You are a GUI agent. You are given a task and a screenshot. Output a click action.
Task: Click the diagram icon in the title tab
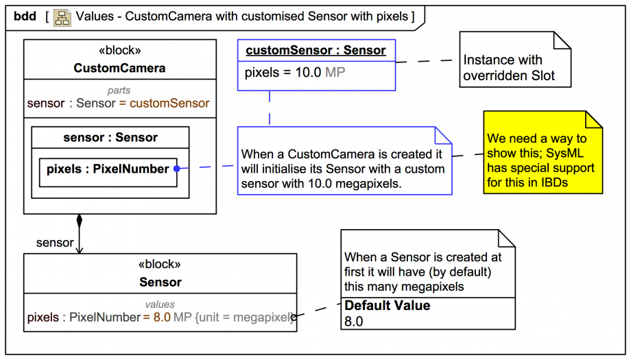coord(62,16)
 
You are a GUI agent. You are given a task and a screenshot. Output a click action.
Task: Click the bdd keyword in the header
coord(25,16)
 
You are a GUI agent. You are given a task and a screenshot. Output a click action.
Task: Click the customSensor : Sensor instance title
coord(315,50)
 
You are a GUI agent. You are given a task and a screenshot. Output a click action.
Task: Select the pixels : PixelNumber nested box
coord(108,169)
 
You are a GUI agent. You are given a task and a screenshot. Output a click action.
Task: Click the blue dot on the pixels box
coord(177,169)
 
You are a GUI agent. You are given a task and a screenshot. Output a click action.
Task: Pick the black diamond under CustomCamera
coord(79,221)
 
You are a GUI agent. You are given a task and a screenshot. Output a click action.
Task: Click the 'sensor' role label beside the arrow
coord(54,243)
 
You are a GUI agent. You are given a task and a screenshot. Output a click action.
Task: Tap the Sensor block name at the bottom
coord(160,282)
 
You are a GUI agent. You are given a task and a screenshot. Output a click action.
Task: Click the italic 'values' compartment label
coord(160,304)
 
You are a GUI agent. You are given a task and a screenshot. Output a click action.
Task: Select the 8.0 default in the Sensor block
coord(161,317)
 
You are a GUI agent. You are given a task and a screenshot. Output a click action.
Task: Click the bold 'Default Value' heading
coord(387,306)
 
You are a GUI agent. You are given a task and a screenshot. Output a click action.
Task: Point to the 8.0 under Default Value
coord(354,321)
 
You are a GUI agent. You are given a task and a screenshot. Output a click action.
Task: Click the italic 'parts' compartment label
coord(119,91)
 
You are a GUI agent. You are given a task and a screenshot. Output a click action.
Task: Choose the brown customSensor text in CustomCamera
coord(169,104)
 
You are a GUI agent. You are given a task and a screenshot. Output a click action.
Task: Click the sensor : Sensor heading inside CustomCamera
coord(110,137)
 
